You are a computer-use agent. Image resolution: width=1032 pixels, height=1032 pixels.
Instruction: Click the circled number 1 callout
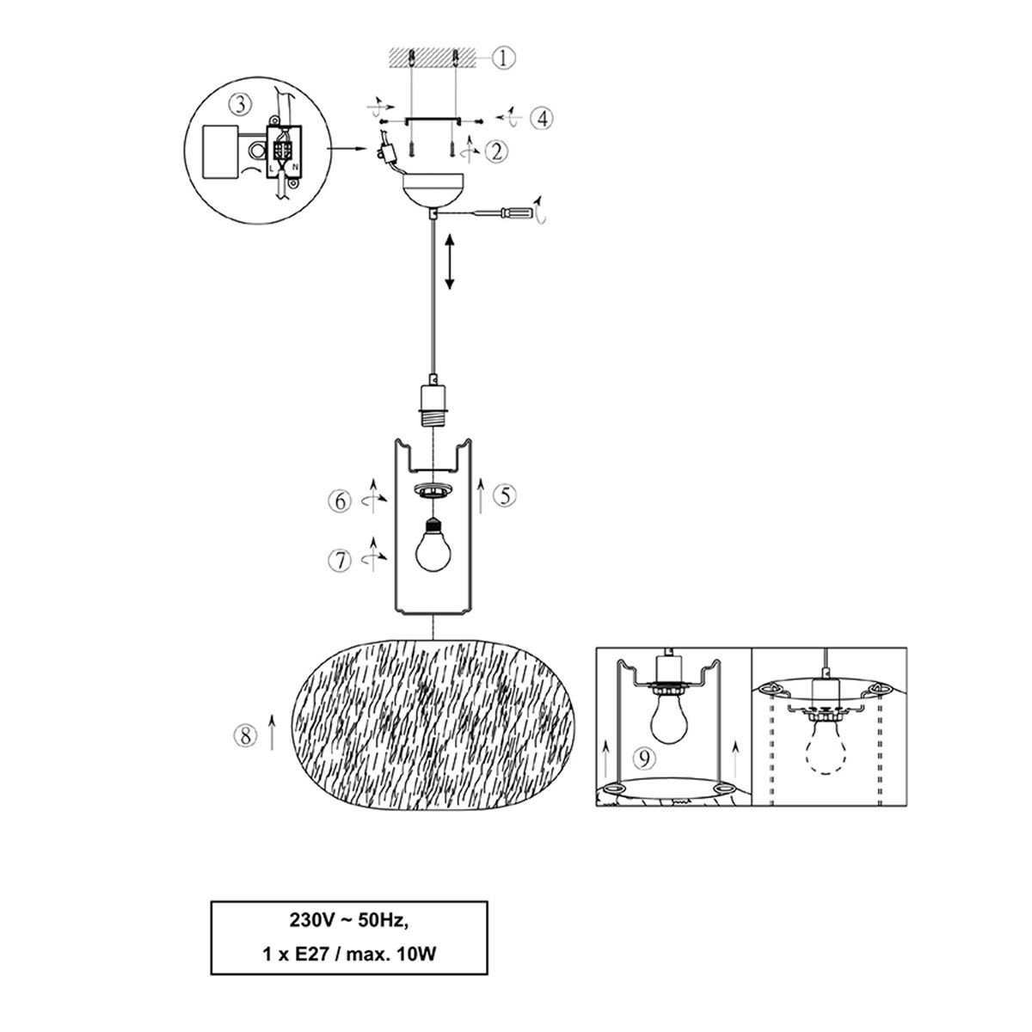click(x=503, y=58)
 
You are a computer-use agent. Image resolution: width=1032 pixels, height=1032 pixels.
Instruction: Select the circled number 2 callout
click(x=496, y=151)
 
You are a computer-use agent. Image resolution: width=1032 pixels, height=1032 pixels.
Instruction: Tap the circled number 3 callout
click(x=240, y=104)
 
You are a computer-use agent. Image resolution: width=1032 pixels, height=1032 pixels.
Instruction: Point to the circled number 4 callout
click(x=542, y=118)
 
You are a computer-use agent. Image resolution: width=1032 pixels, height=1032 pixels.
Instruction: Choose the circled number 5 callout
click(x=505, y=496)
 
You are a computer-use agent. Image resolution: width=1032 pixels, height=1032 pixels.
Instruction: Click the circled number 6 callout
click(x=340, y=501)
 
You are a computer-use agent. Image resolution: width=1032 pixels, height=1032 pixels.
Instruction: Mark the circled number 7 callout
click(x=340, y=561)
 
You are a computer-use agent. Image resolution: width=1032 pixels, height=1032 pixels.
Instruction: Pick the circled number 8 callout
click(x=246, y=736)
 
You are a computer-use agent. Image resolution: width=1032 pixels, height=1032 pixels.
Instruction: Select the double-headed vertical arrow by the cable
click(x=449, y=263)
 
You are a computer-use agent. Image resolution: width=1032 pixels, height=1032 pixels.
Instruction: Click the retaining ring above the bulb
click(x=433, y=489)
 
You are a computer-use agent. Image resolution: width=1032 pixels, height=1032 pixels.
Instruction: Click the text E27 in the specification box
click(x=312, y=954)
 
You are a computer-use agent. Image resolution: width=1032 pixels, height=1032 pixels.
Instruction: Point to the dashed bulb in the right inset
click(x=826, y=745)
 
